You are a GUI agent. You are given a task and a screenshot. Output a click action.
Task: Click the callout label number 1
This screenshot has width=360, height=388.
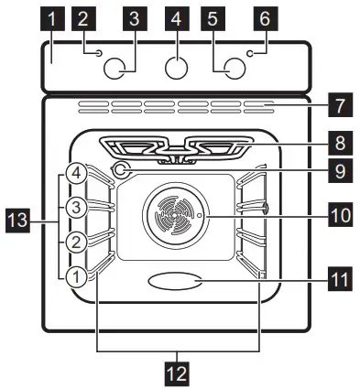point(54,17)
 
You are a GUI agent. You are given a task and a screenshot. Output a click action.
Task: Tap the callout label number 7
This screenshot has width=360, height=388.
point(340,106)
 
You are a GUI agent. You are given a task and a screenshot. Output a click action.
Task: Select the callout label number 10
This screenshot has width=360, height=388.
point(340,216)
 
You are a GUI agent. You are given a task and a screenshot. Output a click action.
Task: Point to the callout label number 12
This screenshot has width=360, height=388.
point(178,372)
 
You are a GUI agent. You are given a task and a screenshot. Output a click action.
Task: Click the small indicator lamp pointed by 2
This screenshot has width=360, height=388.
point(97,54)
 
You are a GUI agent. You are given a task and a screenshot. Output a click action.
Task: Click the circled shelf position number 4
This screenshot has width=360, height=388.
point(78,172)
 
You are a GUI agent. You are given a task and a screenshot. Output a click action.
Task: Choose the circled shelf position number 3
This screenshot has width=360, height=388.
point(78,208)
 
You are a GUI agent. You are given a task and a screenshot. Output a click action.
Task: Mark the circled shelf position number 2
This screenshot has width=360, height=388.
point(78,242)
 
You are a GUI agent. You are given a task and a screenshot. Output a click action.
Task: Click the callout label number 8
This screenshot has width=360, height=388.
point(340,143)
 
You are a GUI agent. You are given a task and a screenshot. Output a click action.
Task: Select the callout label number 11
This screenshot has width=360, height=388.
point(340,272)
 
